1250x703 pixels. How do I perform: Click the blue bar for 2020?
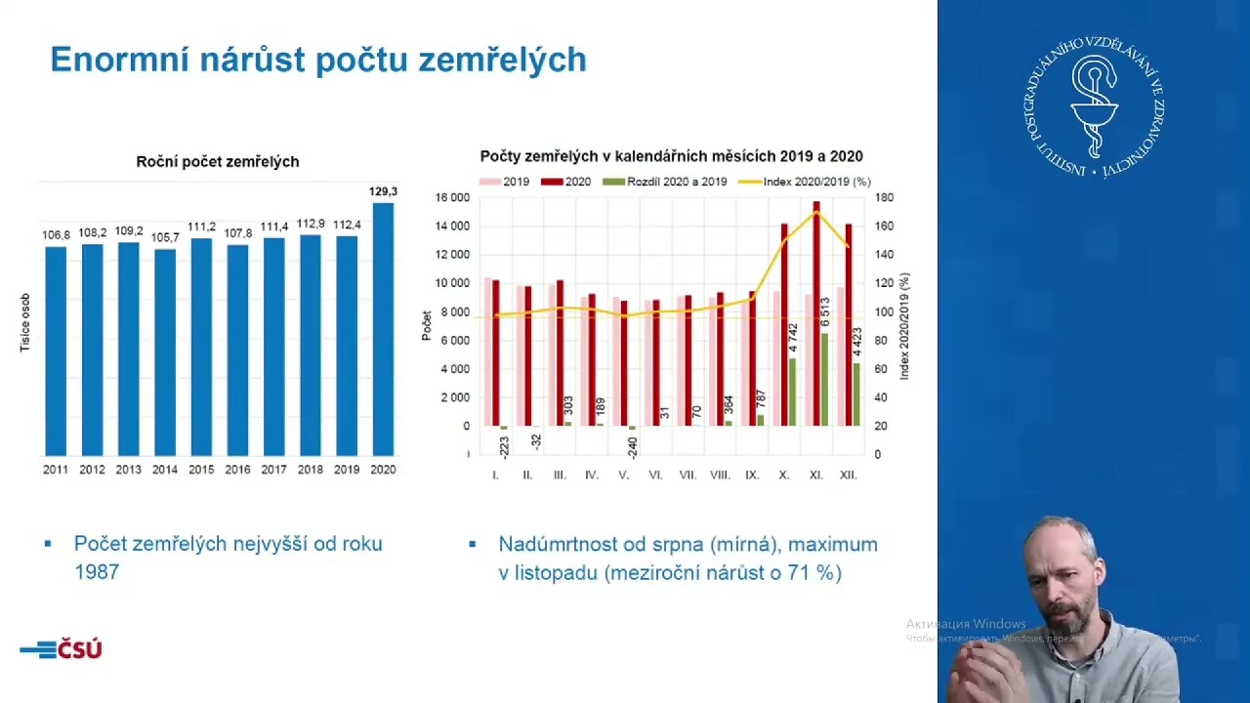(383, 329)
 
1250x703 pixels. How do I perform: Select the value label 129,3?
(383, 191)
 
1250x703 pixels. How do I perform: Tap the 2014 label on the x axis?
(165, 470)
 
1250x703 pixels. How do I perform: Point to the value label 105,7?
(165, 237)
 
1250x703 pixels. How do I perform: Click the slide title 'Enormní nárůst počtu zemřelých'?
(318, 60)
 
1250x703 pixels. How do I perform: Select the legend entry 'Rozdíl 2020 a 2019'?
(665, 182)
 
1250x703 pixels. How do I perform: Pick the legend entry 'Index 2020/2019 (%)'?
(805, 182)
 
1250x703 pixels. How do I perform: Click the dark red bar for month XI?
(816, 313)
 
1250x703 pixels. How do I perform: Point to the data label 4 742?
(793, 338)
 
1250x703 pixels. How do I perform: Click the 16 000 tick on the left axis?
(452, 198)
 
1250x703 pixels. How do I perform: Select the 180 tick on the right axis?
(883, 198)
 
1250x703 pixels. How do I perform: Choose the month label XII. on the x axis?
(848, 475)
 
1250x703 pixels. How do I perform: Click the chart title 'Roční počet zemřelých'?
(218, 162)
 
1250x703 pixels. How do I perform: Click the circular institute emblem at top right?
(1099, 106)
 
